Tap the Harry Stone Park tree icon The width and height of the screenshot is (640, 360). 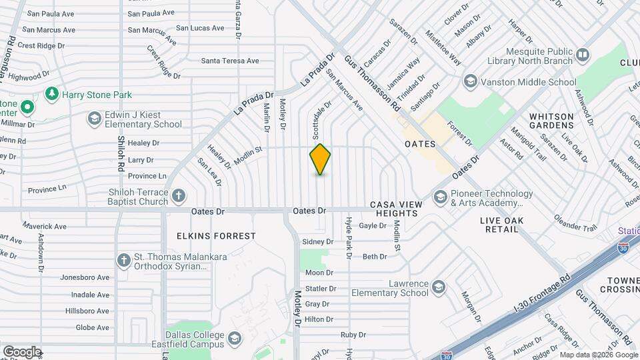pyautogui.click(x=51, y=95)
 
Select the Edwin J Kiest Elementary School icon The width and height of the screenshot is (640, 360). pyautogui.click(x=94, y=119)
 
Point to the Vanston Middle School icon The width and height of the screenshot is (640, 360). pyautogui.click(x=470, y=82)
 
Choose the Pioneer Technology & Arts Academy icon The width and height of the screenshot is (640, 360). pyautogui.click(x=440, y=197)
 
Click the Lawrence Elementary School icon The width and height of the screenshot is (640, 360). pyautogui.click(x=439, y=287)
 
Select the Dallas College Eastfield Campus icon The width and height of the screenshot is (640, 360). pyautogui.click(x=235, y=339)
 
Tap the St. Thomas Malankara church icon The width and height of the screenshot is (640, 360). pyautogui.click(x=123, y=261)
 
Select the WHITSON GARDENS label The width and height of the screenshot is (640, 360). pyautogui.click(x=551, y=121)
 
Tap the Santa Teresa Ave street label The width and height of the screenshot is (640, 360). pyautogui.click(x=230, y=61)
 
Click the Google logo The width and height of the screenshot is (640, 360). pyautogui.click(x=22, y=351)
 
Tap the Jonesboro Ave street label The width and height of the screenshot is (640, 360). pyautogui.click(x=85, y=277)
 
